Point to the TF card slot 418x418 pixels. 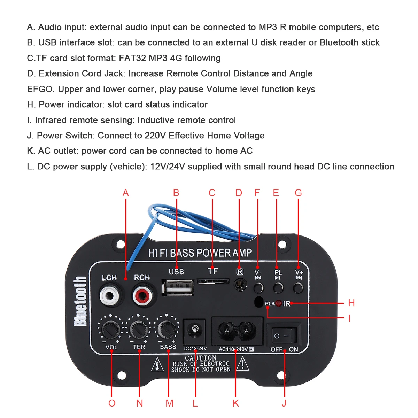tap(213, 280)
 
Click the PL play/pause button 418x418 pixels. tap(278, 288)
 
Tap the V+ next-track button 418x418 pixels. tap(298, 288)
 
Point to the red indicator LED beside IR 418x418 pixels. tap(279, 303)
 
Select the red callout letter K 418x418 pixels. tap(236, 403)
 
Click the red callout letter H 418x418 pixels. tap(351, 303)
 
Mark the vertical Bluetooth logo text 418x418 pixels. tap(80, 301)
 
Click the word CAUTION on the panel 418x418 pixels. tap(201, 358)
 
